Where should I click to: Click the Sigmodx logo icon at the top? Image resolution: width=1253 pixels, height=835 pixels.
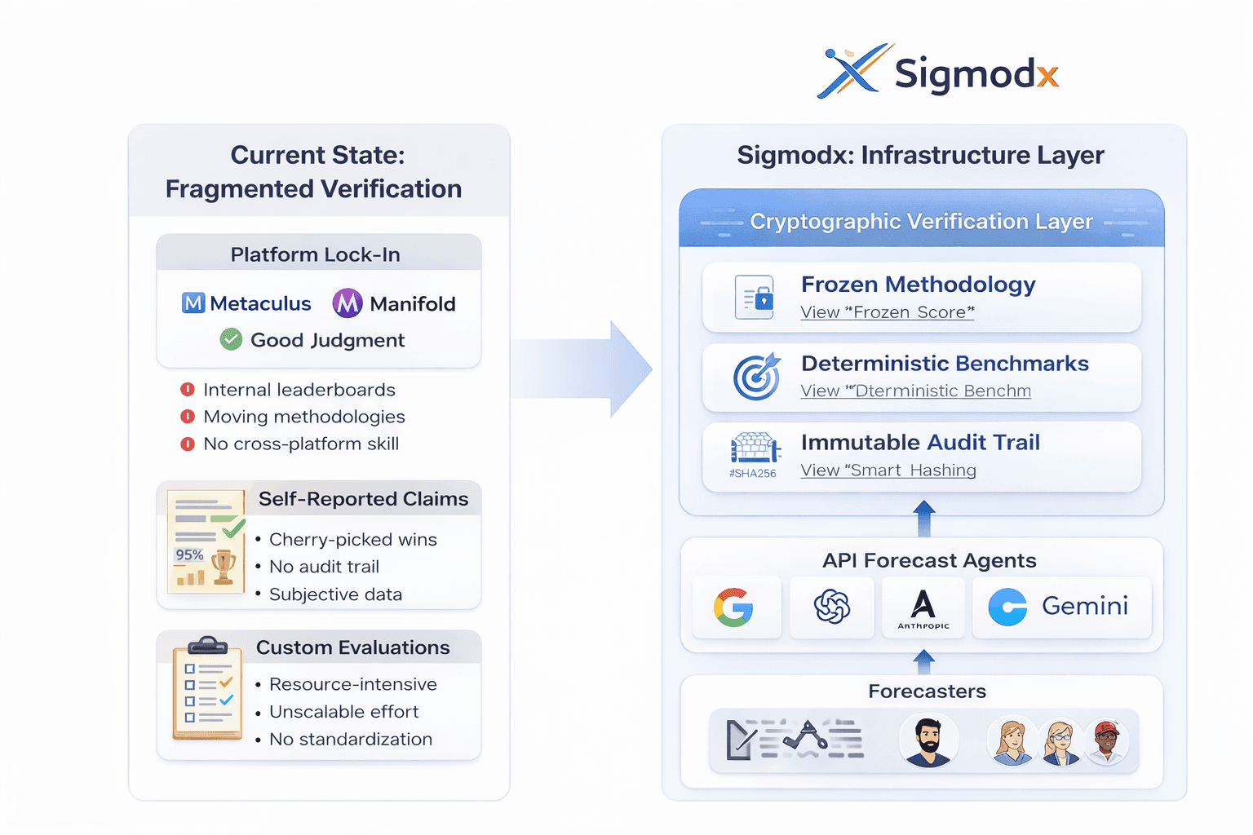(x=852, y=71)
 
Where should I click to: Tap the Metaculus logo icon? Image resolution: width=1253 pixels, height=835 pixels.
(x=193, y=303)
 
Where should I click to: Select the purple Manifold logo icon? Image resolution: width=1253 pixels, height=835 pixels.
(x=348, y=303)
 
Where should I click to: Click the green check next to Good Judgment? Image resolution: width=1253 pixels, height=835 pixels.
(x=231, y=339)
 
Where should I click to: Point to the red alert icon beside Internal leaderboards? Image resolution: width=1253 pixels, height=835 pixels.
(x=188, y=390)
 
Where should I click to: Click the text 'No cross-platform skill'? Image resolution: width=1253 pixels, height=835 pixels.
(x=301, y=444)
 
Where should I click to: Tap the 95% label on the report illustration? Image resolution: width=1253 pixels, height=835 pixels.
(x=189, y=554)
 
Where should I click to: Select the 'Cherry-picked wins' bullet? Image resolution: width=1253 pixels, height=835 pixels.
(x=352, y=539)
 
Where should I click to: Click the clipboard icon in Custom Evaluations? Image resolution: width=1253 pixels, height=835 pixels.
(x=207, y=689)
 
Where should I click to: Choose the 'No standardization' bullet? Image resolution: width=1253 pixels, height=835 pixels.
(x=351, y=739)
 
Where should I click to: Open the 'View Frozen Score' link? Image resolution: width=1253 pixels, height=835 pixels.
(x=888, y=312)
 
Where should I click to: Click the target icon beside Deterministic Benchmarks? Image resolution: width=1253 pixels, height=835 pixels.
(x=756, y=377)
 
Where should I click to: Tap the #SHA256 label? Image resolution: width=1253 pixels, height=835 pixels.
(x=753, y=473)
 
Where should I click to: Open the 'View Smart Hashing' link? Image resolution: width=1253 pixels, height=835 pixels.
(x=888, y=471)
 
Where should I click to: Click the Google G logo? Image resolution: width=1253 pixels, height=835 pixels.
(x=734, y=607)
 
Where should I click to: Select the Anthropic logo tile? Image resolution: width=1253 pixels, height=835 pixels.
(x=923, y=608)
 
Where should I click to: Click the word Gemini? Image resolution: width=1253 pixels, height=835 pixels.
(x=1085, y=606)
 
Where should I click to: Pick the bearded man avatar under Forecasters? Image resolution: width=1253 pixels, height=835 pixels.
(x=928, y=741)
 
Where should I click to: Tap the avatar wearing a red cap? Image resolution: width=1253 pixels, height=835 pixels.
(x=1106, y=741)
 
